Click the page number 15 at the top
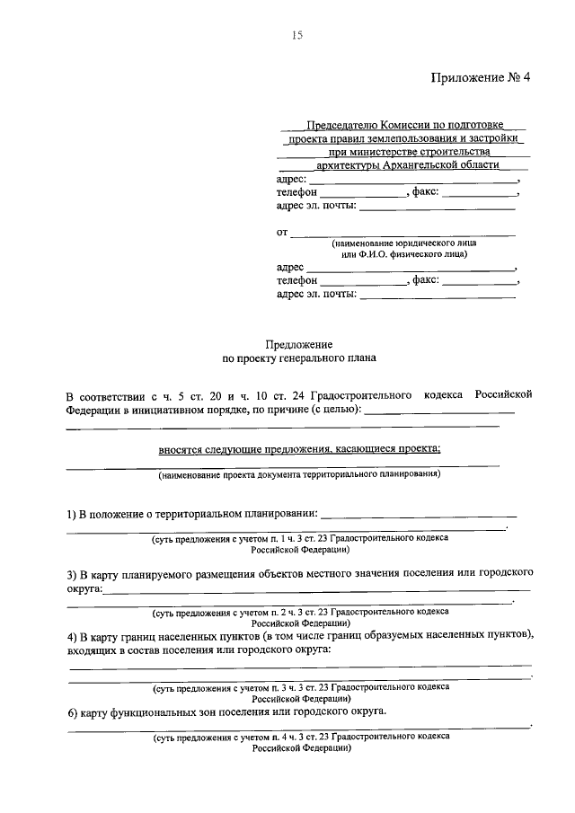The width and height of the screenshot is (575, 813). tap(297, 36)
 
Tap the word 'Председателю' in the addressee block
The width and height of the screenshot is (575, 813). tap(341, 124)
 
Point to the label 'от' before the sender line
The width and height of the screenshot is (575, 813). tap(282, 234)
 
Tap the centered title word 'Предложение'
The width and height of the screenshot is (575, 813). tap(299, 344)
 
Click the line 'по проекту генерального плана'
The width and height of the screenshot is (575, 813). tap(299, 358)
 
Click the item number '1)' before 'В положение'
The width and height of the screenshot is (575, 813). tap(73, 515)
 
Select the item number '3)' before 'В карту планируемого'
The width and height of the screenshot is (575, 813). tap(73, 572)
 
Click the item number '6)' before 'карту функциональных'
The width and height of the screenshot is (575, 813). tap(73, 711)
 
